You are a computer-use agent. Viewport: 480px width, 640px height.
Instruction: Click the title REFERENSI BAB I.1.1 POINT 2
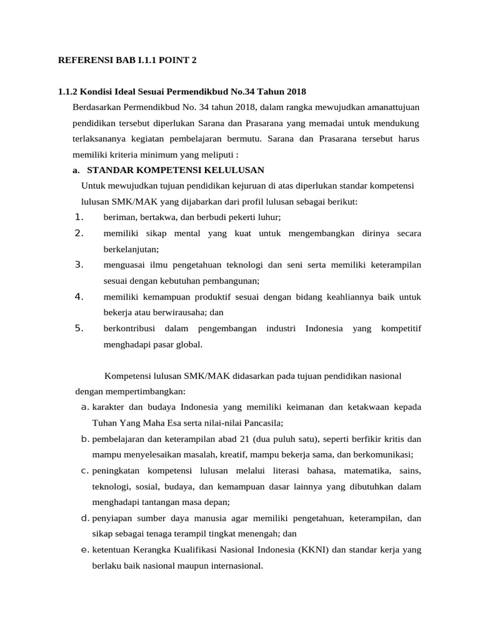(x=127, y=61)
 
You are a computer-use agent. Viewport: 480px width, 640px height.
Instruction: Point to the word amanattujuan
(x=392, y=107)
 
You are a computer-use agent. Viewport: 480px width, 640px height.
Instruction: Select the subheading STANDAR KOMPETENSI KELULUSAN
(x=176, y=170)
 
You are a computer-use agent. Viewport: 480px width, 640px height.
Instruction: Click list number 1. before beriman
(x=79, y=217)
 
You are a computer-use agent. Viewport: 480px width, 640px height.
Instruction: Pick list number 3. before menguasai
(x=79, y=264)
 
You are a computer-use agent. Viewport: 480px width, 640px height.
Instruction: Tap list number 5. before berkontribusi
(x=79, y=327)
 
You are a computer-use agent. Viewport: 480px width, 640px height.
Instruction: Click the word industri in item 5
(x=281, y=328)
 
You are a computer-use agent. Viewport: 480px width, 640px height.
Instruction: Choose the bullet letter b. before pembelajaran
(x=86, y=439)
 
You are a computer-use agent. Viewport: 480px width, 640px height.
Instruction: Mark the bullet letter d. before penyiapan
(x=86, y=518)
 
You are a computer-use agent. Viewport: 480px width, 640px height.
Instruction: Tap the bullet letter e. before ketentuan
(x=86, y=550)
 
